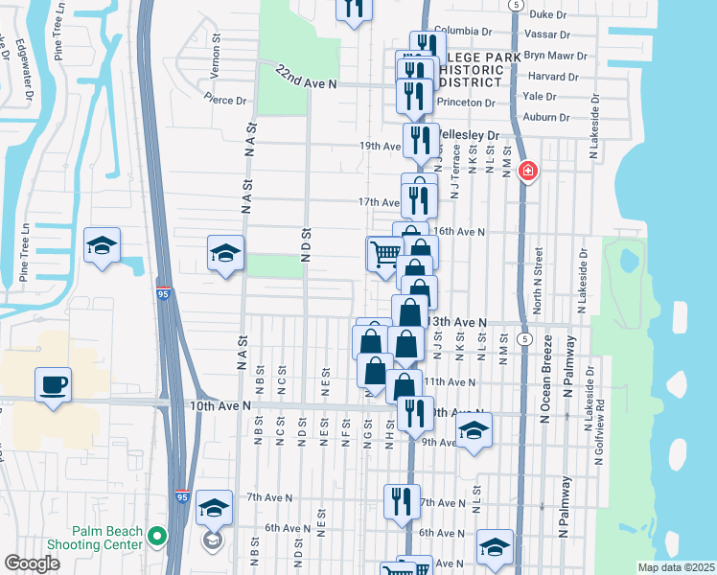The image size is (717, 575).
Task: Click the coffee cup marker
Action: point(53,386)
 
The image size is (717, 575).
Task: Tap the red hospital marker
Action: point(526,172)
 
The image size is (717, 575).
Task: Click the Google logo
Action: point(32,563)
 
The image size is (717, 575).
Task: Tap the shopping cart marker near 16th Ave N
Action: point(385,256)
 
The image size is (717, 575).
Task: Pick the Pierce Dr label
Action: point(225,100)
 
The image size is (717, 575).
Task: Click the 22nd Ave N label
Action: point(307,79)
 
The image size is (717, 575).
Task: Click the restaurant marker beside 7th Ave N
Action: point(402,501)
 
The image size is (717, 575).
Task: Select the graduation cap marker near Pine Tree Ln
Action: point(102,245)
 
